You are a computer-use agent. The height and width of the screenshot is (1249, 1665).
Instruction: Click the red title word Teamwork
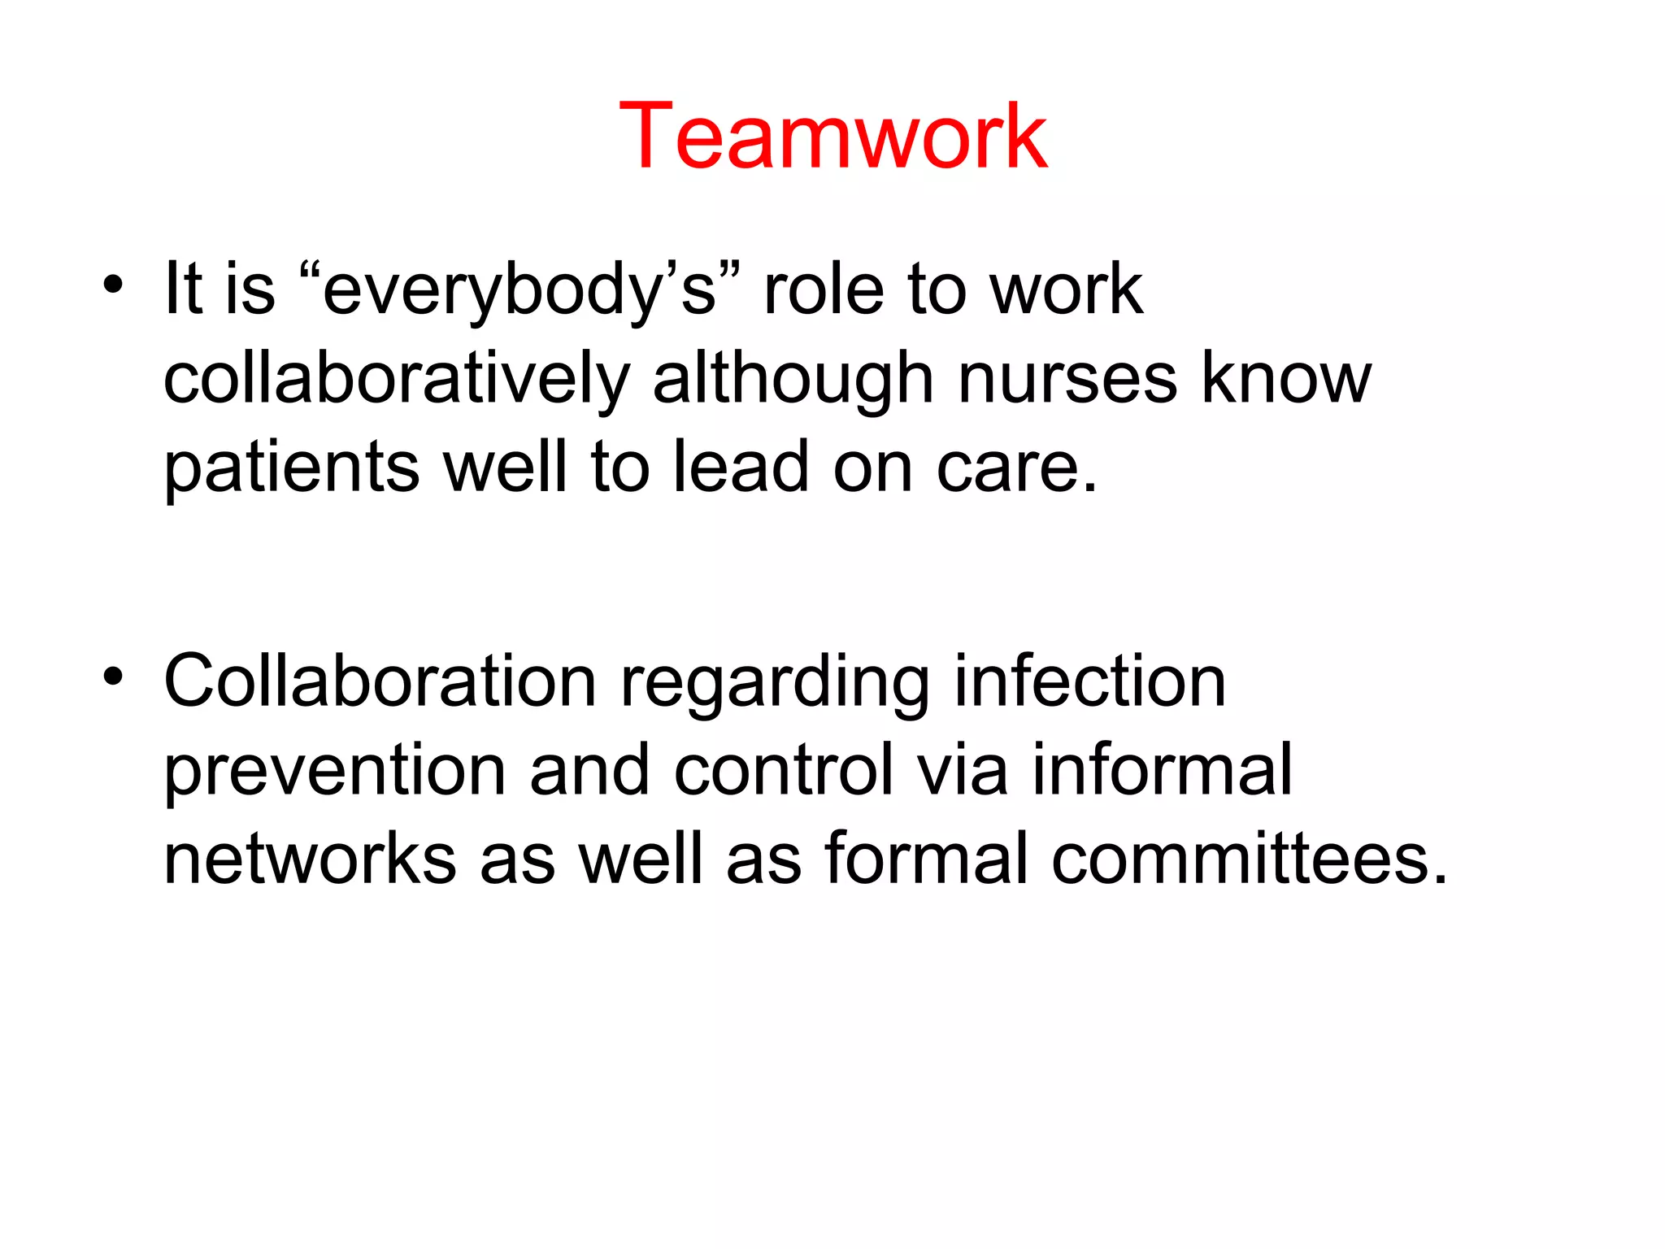coord(832,136)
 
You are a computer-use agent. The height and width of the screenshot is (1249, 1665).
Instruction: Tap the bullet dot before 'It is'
coord(113,285)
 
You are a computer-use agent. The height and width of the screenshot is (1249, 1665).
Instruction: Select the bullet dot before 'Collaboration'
coord(113,676)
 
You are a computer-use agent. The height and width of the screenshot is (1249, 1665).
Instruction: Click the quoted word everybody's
coord(520,290)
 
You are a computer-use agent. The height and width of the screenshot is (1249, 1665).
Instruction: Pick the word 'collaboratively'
coord(397,379)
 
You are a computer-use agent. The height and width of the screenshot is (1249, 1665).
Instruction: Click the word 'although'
coord(793,379)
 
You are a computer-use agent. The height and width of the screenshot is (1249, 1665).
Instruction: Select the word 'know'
coord(1286,379)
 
